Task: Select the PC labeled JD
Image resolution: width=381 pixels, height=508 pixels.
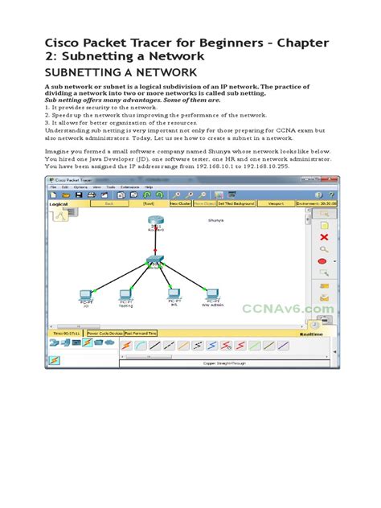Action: [86, 295]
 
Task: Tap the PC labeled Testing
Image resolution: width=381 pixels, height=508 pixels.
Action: [125, 295]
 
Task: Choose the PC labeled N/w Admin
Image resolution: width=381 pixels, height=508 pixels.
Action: [213, 295]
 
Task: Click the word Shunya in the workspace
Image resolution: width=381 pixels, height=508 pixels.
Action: [215, 219]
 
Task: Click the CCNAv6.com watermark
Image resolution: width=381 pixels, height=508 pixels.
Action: [288, 308]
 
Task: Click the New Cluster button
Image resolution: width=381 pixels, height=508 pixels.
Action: [179, 204]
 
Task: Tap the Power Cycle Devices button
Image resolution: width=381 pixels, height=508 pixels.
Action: [105, 332]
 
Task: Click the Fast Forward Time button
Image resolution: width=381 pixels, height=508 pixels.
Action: [141, 332]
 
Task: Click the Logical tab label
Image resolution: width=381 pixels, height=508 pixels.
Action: [59, 204]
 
